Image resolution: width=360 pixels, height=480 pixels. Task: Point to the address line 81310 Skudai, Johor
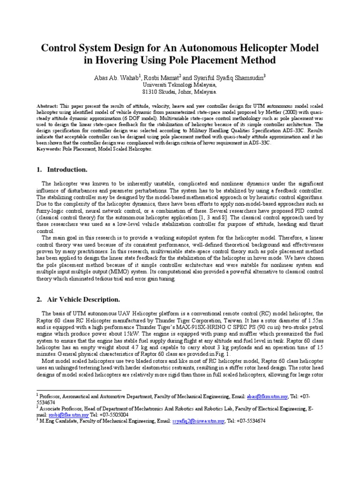pos(180,92)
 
